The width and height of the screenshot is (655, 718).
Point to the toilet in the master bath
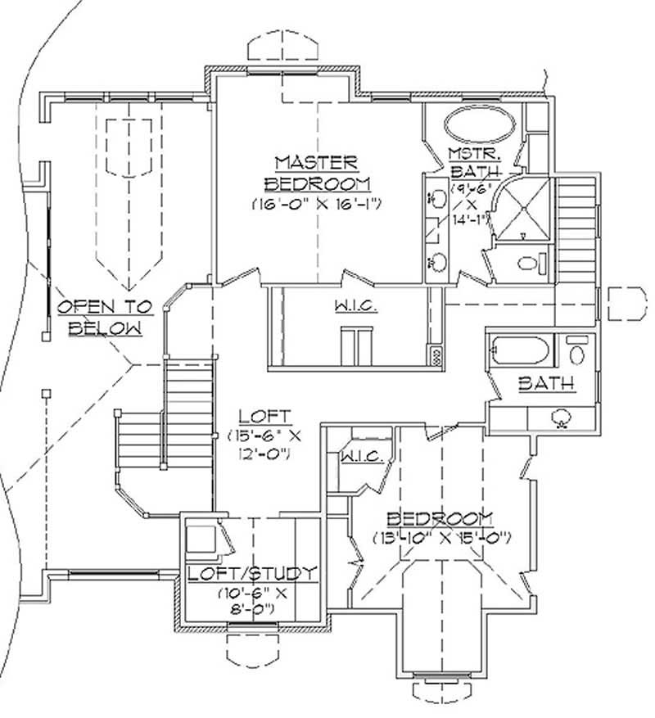[531, 263]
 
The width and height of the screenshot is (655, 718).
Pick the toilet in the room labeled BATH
[577, 353]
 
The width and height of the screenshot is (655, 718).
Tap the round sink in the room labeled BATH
[562, 418]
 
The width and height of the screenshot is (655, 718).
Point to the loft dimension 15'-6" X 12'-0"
[260, 445]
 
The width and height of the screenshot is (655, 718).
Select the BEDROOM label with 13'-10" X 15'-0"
[440, 517]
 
